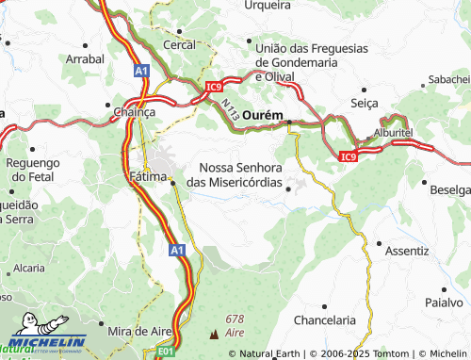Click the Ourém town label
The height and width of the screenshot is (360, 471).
pos(263,114)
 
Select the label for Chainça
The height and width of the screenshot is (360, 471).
pos(134,112)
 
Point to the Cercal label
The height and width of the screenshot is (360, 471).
pos(179,44)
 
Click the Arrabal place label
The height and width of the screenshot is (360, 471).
pos(85,57)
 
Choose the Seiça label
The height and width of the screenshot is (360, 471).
pos(364,103)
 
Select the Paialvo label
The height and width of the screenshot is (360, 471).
pos(445,303)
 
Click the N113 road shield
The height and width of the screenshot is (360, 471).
pos(231,109)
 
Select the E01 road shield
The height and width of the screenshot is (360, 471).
pos(165,352)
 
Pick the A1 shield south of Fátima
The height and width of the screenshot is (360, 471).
pos(177,251)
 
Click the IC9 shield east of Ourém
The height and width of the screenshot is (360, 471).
pos(349,156)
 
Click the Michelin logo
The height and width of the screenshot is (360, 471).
pos(44,343)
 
